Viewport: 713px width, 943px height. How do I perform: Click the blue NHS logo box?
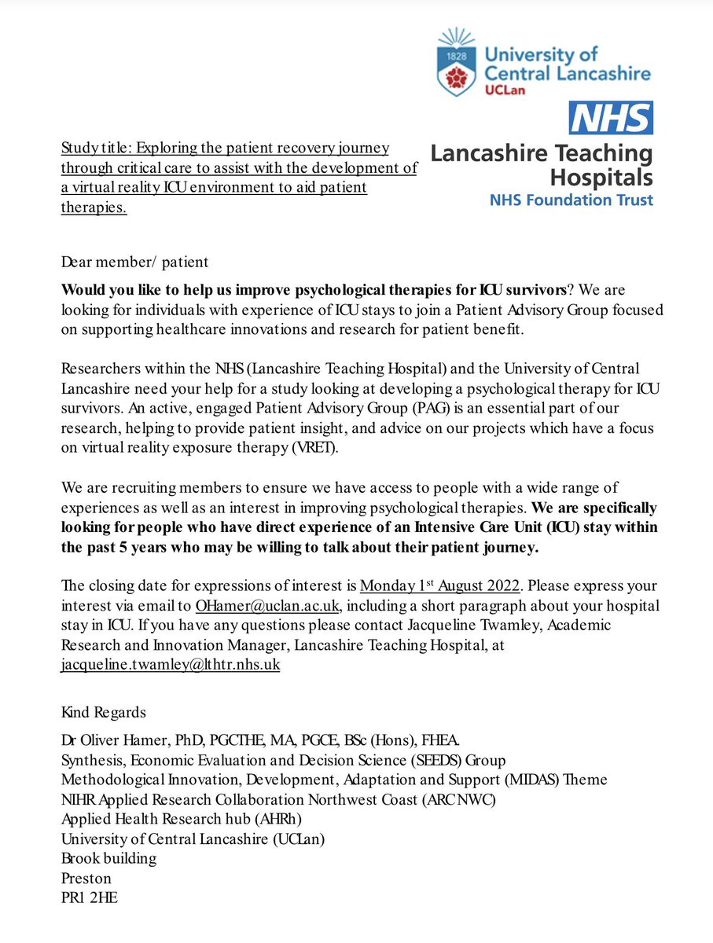click(x=611, y=118)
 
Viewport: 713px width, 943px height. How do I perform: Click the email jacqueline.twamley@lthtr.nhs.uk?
click(x=171, y=664)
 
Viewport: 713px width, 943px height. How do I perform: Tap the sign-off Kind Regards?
click(x=103, y=713)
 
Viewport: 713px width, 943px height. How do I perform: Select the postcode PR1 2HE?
click(x=89, y=897)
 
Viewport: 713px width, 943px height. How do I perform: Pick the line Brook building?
click(x=108, y=857)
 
